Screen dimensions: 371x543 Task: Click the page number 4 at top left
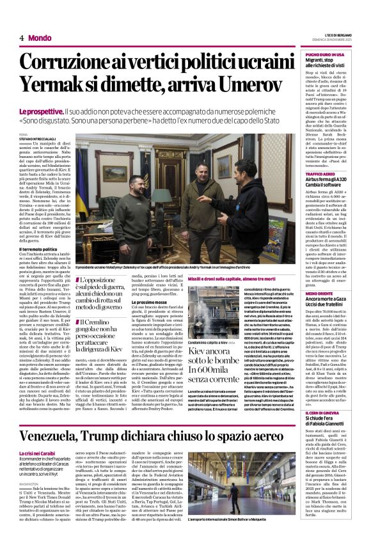[x=22, y=38]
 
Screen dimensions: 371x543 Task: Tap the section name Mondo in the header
[x=40, y=38]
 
